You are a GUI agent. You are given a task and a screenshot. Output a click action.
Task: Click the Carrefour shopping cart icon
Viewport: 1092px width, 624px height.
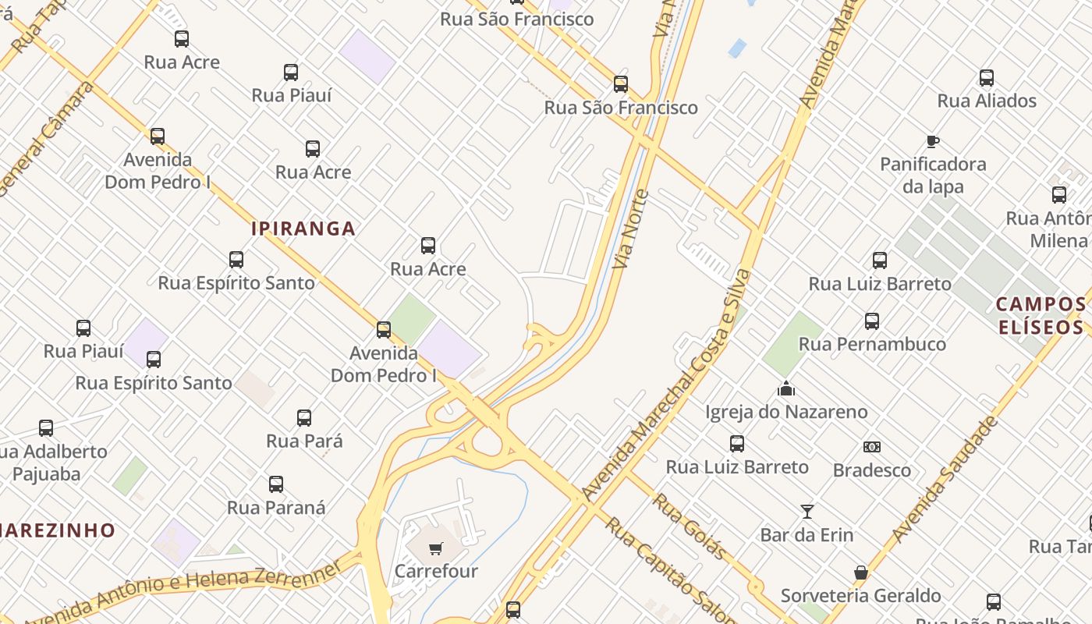click(x=435, y=548)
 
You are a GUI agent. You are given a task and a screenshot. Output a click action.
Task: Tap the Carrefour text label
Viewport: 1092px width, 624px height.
click(x=436, y=571)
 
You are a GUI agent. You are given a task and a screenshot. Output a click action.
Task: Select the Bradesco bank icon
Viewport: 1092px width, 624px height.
click(x=871, y=447)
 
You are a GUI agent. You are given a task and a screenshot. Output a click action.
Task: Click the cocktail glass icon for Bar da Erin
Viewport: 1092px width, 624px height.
click(x=807, y=512)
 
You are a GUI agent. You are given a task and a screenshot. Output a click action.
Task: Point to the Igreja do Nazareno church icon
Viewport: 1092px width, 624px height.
click(x=785, y=388)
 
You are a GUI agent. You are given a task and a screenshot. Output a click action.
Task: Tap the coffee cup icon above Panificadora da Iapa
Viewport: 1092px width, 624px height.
click(x=932, y=141)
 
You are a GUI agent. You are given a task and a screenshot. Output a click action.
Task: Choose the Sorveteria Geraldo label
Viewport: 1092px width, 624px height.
click(x=860, y=596)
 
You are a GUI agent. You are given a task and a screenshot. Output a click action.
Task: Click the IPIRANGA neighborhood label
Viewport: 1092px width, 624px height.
click(x=303, y=229)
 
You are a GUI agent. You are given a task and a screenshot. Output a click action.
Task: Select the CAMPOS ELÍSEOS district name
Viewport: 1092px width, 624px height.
click(x=1041, y=315)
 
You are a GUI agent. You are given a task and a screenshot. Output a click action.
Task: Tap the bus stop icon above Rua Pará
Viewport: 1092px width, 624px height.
click(x=304, y=418)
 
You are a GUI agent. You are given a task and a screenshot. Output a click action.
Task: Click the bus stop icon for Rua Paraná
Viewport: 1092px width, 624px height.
click(x=276, y=484)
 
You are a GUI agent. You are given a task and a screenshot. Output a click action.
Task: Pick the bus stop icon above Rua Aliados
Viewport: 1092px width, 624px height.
click(x=987, y=78)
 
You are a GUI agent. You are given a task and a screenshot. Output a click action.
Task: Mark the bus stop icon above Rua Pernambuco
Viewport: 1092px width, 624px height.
click(x=872, y=321)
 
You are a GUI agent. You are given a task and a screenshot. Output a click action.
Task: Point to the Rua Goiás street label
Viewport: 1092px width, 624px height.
click(x=690, y=526)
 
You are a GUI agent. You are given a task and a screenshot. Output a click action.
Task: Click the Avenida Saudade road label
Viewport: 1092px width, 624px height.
click(x=945, y=479)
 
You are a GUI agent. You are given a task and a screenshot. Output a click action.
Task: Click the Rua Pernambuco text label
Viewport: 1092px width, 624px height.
click(x=872, y=344)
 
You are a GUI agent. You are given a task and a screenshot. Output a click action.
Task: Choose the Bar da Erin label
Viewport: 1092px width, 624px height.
click(x=807, y=535)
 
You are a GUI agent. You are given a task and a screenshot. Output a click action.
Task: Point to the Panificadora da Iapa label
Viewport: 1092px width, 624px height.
click(x=933, y=175)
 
